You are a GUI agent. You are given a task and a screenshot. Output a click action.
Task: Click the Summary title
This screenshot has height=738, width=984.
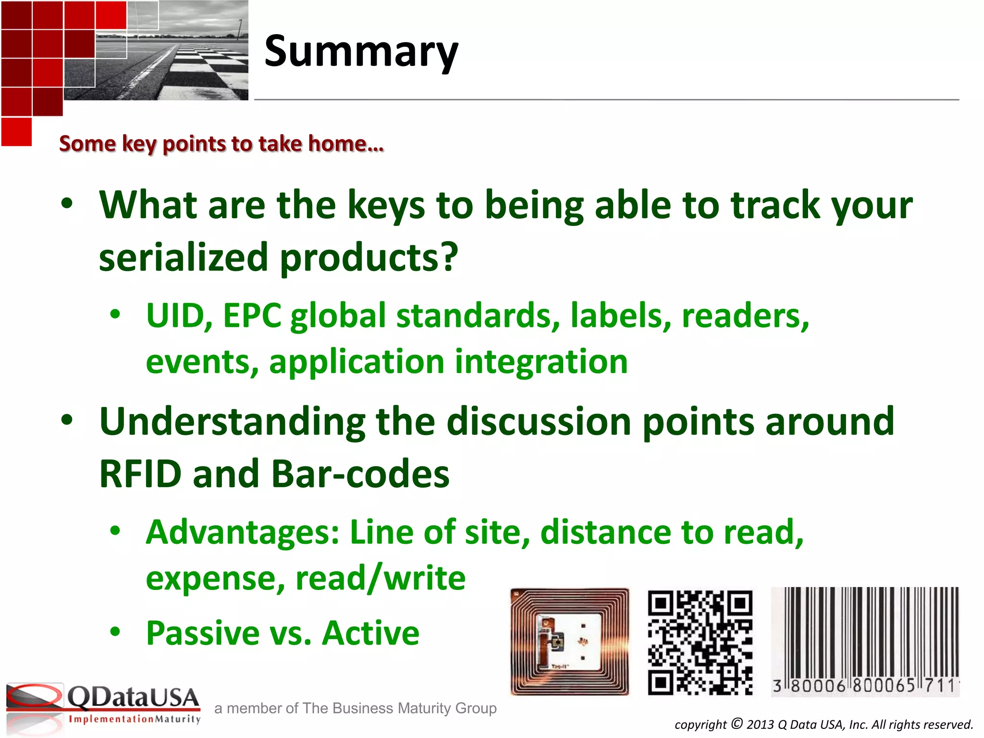(x=361, y=52)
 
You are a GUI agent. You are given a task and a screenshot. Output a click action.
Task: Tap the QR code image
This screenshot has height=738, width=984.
(x=700, y=642)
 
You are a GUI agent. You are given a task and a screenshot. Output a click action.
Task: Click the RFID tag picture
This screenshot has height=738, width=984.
(x=569, y=642)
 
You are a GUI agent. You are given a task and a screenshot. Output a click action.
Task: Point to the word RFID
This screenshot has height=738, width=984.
(x=140, y=474)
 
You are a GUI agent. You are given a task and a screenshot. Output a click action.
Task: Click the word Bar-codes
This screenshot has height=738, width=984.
(x=360, y=474)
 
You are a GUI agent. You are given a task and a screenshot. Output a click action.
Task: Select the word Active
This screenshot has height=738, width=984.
(x=370, y=633)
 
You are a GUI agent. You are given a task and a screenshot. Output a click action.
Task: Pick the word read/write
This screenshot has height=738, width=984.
(x=380, y=578)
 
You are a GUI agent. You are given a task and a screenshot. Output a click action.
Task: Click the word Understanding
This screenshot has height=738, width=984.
(x=232, y=421)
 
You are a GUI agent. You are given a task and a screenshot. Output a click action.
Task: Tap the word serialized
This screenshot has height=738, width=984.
(x=183, y=258)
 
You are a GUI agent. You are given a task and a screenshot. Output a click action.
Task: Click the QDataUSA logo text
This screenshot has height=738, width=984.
(x=133, y=698)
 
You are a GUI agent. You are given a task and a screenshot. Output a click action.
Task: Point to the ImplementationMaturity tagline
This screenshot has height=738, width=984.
(x=135, y=719)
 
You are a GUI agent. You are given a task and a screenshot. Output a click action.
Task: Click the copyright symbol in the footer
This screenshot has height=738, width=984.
(x=737, y=723)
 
